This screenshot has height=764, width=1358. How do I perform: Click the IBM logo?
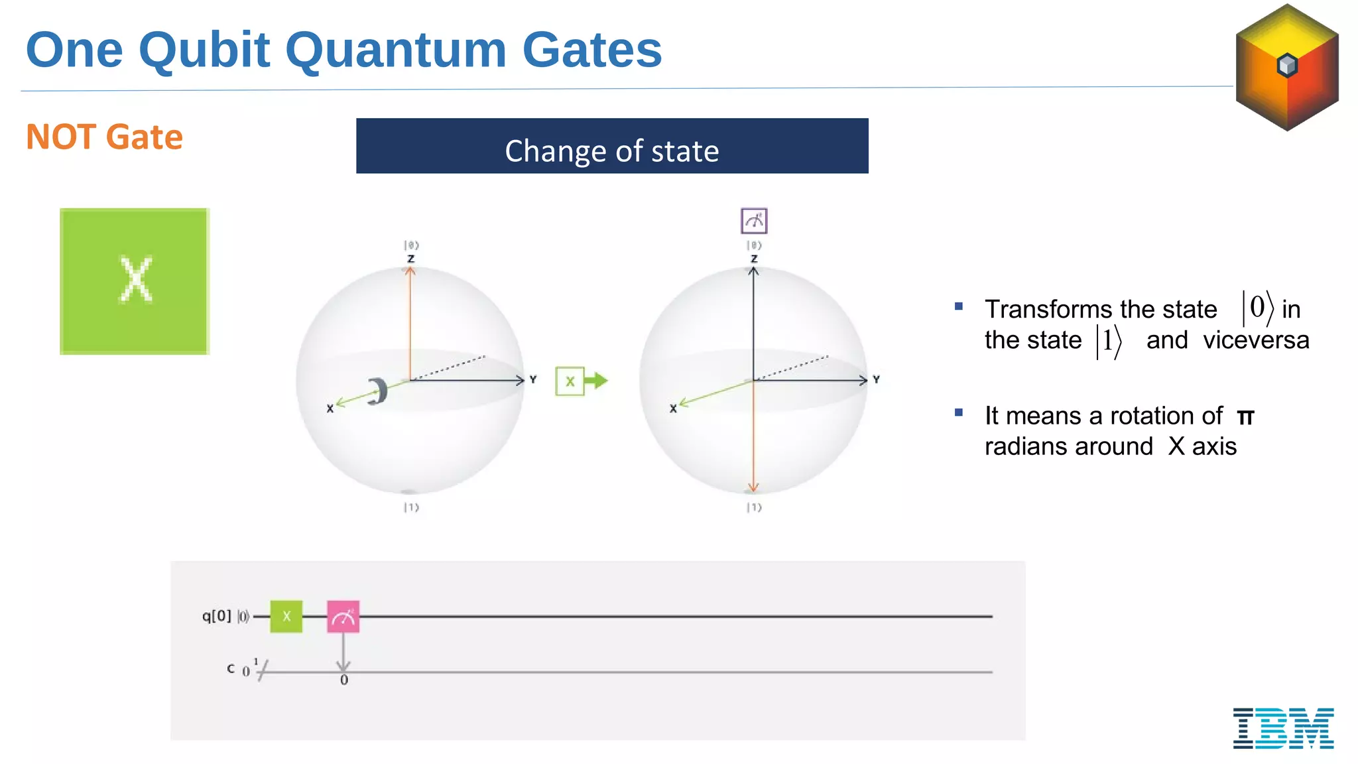click(x=1283, y=728)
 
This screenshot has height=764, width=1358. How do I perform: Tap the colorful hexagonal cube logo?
click(x=1287, y=67)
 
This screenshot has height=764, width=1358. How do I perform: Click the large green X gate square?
click(x=135, y=281)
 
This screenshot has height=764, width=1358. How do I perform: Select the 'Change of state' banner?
click(x=611, y=147)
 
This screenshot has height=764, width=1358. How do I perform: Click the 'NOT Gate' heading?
click(x=104, y=137)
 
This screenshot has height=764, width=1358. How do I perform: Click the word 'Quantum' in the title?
click(x=395, y=50)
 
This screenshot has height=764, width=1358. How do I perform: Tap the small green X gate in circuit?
click(x=286, y=616)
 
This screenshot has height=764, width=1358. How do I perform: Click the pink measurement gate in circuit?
click(x=343, y=617)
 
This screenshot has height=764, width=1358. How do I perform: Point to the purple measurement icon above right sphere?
click(x=754, y=221)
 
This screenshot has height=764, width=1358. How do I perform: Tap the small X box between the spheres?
click(x=570, y=381)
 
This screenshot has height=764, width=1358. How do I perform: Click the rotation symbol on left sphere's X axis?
click(x=378, y=391)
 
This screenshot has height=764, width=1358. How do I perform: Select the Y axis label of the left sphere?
click(x=532, y=379)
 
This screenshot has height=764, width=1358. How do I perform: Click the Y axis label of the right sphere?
click(x=876, y=379)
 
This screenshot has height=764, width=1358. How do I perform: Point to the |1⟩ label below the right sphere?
click(x=754, y=507)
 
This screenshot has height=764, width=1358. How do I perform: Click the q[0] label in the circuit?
click(x=216, y=616)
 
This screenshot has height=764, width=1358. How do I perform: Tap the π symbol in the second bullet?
click(x=1245, y=417)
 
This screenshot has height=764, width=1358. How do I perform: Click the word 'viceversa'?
click(x=1256, y=340)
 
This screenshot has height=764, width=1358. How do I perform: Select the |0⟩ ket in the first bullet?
click(x=1257, y=308)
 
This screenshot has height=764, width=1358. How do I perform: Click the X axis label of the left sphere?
click(x=330, y=409)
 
